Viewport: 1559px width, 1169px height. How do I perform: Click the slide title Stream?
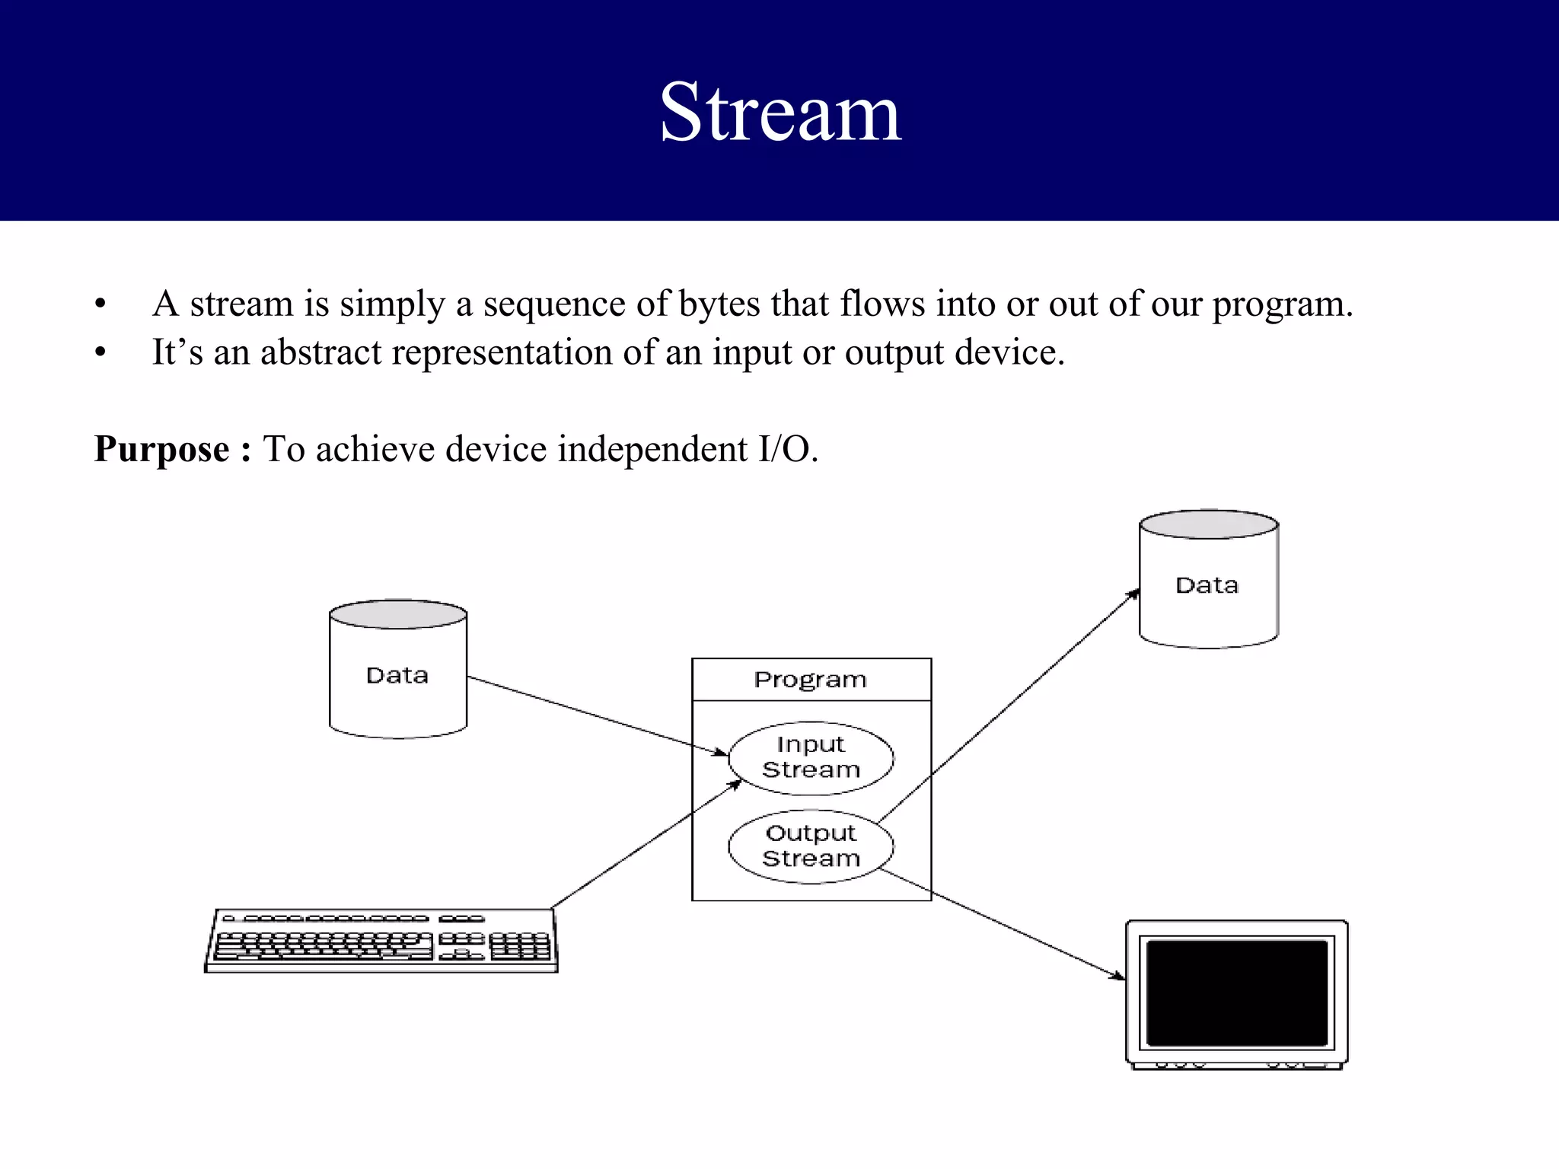pyautogui.click(x=780, y=113)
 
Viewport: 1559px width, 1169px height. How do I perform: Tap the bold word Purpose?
pyautogui.click(x=161, y=448)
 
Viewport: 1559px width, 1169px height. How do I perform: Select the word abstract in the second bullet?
pyautogui.click(x=320, y=352)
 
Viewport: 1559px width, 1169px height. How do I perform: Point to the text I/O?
pyautogui.click(x=787, y=448)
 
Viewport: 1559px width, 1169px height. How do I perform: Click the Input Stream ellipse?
pyautogui.click(x=811, y=757)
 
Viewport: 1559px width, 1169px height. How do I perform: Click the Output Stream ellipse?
pyautogui.click(x=811, y=846)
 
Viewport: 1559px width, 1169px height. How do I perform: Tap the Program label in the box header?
pyautogui.click(x=810, y=679)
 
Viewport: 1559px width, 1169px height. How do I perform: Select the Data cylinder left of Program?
pyautogui.click(x=397, y=670)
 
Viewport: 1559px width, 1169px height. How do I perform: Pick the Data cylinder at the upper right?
pyautogui.click(x=1208, y=580)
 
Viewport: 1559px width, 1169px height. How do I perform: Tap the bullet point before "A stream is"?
pyautogui.click(x=100, y=304)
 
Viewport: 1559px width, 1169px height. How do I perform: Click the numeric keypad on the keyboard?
pyautogui.click(x=519, y=946)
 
